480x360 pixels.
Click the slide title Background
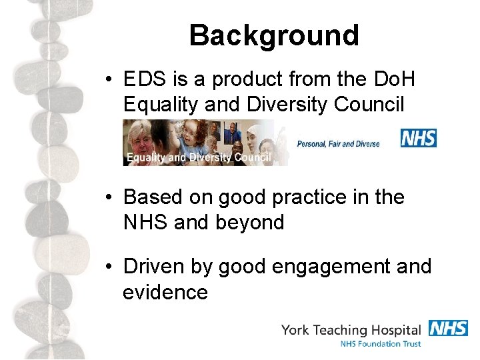[x=274, y=35]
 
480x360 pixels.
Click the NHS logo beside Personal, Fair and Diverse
[x=418, y=138]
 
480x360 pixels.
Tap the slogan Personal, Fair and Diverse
[x=338, y=143]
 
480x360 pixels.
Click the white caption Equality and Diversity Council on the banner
[x=197, y=158]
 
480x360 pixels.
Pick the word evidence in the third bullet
[x=165, y=292]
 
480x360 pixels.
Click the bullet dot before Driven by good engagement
[x=111, y=267]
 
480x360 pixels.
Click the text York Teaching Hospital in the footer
[x=351, y=329]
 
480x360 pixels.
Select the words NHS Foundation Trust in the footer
[x=380, y=344]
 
